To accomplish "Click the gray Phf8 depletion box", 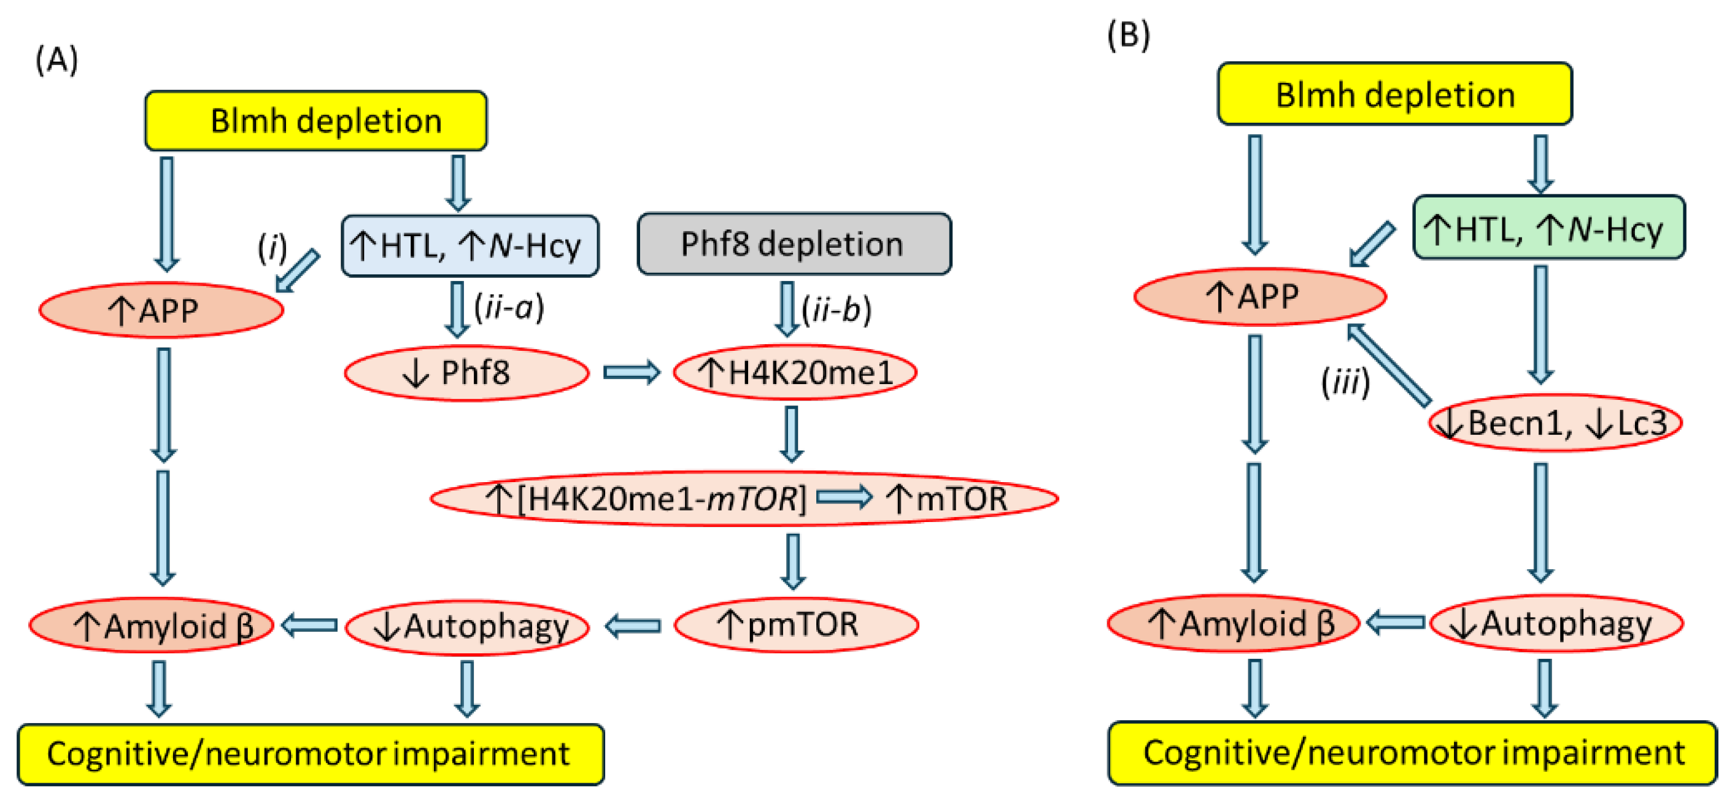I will click(x=794, y=244).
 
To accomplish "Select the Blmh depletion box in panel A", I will click(x=316, y=121).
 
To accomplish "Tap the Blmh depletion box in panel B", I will click(x=1394, y=94).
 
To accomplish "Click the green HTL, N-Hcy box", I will click(x=1548, y=228).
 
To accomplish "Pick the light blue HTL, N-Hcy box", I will click(x=469, y=246).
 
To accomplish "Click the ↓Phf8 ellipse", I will click(x=466, y=372).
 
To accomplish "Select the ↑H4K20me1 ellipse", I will click(x=795, y=372).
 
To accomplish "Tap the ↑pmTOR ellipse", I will click(x=795, y=624).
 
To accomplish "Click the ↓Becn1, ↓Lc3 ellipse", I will click(x=1555, y=423).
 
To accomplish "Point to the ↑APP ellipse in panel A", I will click(x=160, y=310).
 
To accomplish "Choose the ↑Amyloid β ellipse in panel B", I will click(x=1232, y=623).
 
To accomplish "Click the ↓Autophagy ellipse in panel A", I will click(x=467, y=627).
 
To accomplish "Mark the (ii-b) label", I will click(x=837, y=310).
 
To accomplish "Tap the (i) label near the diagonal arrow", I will click(x=272, y=247).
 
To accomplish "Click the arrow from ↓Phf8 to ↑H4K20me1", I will click(x=631, y=372).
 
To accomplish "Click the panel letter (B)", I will click(x=1128, y=35).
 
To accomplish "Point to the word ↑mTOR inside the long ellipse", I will click(x=946, y=499).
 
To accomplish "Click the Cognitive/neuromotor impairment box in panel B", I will click(x=1412, y=753).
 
